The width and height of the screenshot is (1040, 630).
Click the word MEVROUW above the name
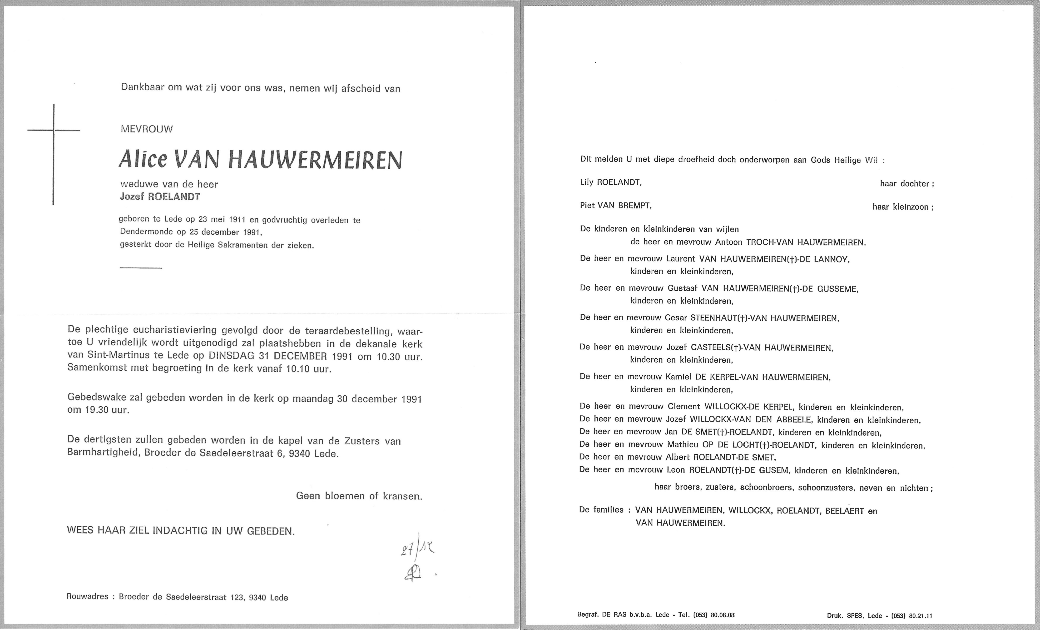(x=146, y=129)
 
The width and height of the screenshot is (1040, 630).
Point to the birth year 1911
(x=237, y=220)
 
